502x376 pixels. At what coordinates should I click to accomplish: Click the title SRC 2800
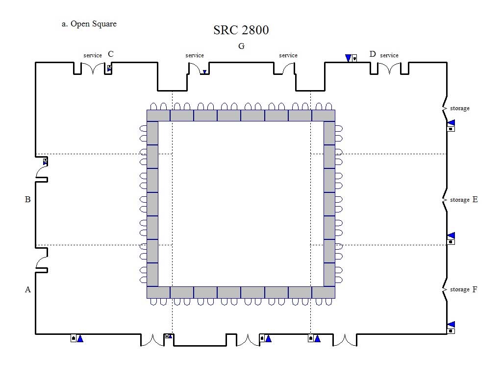pyautogui.click(x=241, y=30)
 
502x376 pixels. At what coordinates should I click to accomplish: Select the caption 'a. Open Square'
pyautogui.click(x=89, y=24)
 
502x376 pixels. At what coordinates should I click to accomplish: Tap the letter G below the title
pyautogui.click(x=241, y=47)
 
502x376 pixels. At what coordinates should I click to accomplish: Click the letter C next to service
pyautogui.click(x=111, y=54)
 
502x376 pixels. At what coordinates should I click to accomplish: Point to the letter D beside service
pyautogui.click(x=373, y=54)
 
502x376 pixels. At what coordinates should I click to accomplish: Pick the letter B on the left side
pyautogui.click(x=28, y=200)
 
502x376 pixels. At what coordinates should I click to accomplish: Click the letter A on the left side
pyautogui.click(x=28, y=290)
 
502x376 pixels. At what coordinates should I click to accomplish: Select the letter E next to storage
pyautogui.click(x=475, y=200)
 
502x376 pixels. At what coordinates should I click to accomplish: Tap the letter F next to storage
pyautogui.click(x=475, y=289)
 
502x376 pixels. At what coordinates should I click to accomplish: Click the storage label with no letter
pyautogui.click(x=460, y=108)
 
